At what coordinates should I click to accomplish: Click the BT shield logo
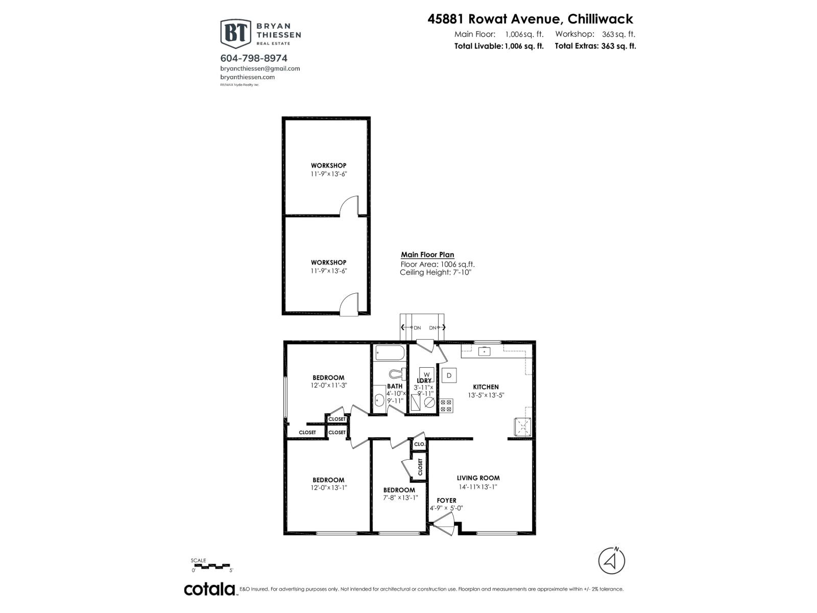pos(235,33)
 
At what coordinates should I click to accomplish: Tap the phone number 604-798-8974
pos(254,58)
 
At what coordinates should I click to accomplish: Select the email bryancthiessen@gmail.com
pos(260,68)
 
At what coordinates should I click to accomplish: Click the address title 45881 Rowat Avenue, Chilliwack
pos(530,19)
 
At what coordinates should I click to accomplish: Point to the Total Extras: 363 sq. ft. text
pos(595,46)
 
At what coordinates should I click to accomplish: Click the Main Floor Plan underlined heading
pos(427,254)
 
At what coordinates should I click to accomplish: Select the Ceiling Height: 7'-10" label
pos(435,272)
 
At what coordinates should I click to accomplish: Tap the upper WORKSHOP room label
pos(329,166)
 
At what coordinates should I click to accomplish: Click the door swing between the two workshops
pos(351,206)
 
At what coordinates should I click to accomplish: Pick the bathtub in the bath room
pos(390,353)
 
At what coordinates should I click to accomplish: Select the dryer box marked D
pos(449,375)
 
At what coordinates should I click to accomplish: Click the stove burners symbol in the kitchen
pos(446,406)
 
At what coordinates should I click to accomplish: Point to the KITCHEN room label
pos(485,387)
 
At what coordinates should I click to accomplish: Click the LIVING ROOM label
pos(478,478)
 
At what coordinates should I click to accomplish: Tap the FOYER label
pos(446,500)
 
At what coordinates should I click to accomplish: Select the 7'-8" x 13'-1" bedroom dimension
pos(400,498)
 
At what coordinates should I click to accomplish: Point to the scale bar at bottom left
pos(213,565)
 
